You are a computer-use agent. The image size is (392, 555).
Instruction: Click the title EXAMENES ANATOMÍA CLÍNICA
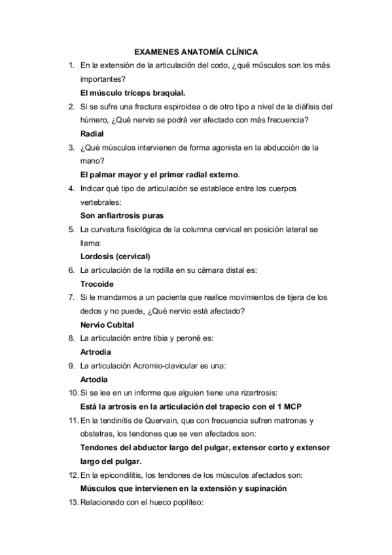tap(196, 50)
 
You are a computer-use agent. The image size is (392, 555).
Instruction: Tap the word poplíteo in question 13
tap(189, 503)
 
